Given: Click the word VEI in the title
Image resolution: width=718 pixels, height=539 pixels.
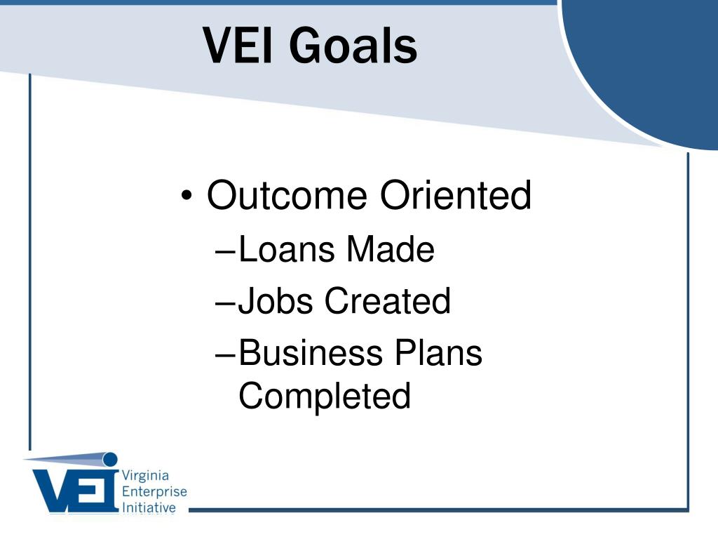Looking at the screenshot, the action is click(238, 45).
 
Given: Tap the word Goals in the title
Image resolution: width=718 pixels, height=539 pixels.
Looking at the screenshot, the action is click(353, 45).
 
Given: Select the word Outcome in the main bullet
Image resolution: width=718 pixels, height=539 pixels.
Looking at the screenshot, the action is click(287, 195).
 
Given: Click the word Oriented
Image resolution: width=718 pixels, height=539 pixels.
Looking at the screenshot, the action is click(456, 195).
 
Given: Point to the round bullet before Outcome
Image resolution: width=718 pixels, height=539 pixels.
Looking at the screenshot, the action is click(187, 196).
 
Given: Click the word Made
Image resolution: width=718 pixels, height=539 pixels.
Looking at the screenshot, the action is click(390, 249).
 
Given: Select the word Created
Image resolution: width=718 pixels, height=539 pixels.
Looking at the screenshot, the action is click(388, 300).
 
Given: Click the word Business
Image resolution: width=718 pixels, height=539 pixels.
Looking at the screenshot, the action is click(311, 352).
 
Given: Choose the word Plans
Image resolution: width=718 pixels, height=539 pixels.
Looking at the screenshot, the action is click(439, 352).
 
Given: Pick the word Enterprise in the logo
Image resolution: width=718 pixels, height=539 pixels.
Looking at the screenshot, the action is click(154, 492).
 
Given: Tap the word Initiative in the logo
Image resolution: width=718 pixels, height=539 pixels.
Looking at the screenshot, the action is click(149, 507).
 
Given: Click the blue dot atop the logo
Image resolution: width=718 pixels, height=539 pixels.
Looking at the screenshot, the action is click(110, 459).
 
